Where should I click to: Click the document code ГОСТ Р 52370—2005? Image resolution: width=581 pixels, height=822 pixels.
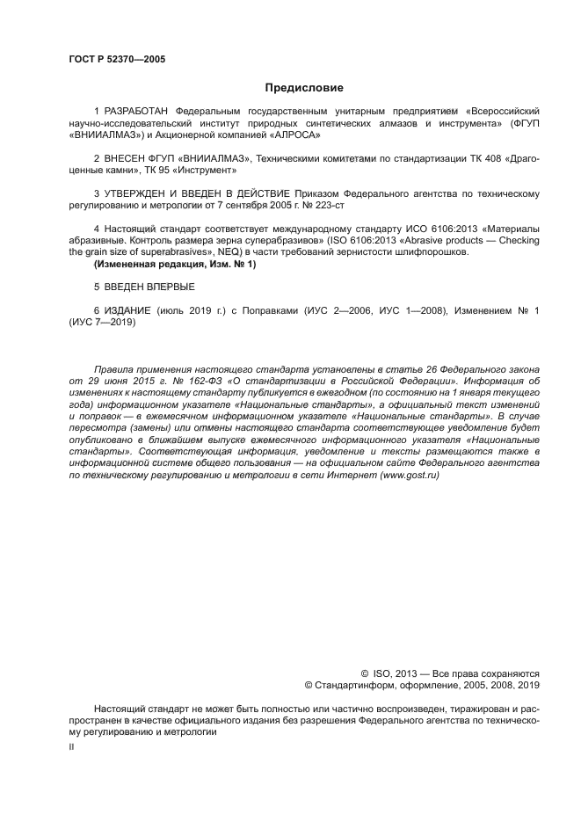coord(117,60)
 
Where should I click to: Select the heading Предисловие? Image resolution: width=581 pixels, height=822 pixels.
coord(304,88)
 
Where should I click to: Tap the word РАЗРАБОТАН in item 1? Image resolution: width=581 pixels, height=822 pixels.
coord(138,113)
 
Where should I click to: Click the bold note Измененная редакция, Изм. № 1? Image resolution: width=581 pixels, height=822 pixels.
coord(175,264)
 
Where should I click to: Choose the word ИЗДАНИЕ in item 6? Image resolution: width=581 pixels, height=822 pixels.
coord(128,311)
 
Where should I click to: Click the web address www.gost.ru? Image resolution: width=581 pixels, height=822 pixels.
coord(409,475)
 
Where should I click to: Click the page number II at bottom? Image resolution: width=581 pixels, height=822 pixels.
coord(71,746)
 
